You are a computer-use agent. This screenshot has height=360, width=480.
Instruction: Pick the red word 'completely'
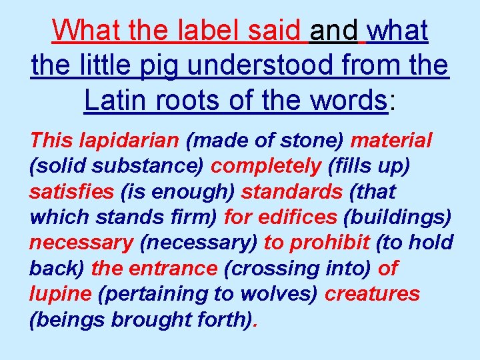tap(266, 166)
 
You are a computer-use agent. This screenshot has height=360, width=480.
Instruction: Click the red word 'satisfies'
tap(71, 192)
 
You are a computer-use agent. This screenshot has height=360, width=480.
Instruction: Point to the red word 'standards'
tap(291, 192)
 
